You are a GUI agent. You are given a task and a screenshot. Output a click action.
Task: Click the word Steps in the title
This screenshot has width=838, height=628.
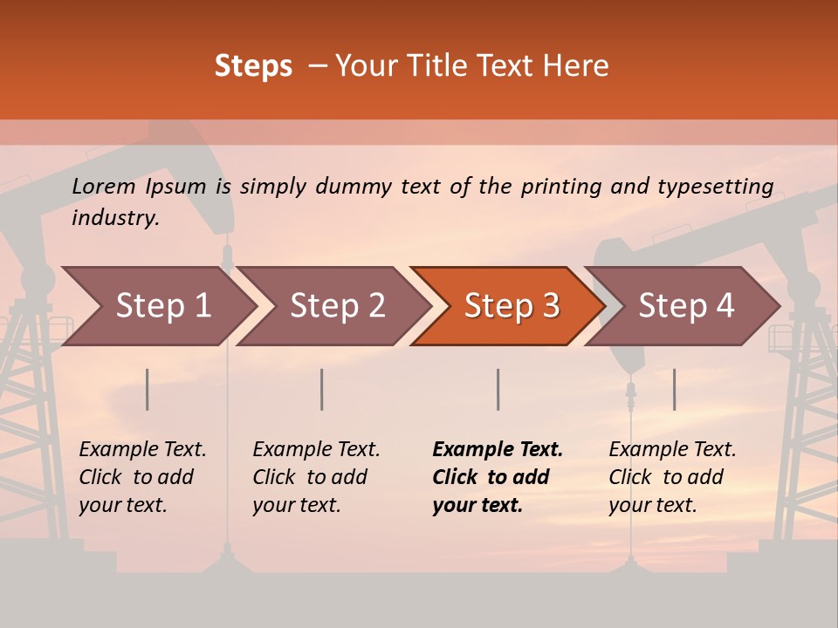point(253,66)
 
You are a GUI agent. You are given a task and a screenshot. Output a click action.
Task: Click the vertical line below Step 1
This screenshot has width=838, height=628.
point(148,389)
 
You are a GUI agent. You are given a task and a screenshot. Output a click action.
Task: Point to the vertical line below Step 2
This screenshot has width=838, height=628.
point(322,389)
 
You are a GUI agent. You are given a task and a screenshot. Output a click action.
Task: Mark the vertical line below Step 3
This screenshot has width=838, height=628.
point(498,389)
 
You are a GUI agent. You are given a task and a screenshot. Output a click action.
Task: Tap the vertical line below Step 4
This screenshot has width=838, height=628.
point(674,389)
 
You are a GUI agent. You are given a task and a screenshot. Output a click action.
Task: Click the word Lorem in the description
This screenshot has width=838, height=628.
point(104,187)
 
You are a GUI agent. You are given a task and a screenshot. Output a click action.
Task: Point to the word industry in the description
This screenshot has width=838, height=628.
point(115,218)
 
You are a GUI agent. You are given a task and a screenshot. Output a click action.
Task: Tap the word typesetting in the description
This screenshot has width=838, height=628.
point(715,187)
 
